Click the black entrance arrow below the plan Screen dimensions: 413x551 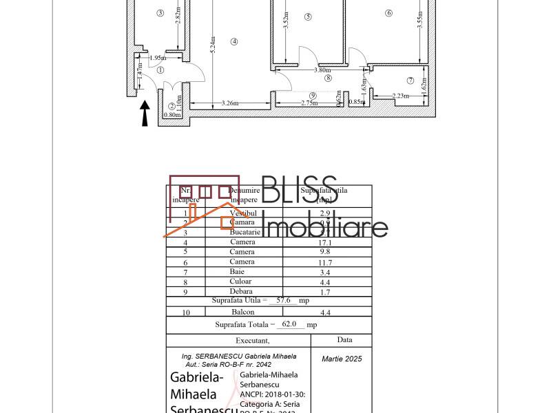tap(145, 114)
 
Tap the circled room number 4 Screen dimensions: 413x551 tap(234, 41)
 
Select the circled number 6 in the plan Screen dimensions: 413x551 tap(389, 12)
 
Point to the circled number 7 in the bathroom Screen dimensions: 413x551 tap(410, 81)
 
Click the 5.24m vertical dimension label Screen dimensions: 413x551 tap(214, 45)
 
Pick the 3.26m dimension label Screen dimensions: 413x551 tap(230, 104)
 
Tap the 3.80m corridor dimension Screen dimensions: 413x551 tap(322, 70)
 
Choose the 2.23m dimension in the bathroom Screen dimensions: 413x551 tap(402, 96)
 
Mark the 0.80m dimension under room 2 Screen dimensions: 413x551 tap(172, 115)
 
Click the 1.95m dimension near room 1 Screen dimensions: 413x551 tap(158, 59)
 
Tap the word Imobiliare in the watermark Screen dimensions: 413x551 tap(326, 227)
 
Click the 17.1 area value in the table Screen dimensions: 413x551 tap(326, 242)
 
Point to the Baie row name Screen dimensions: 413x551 tap(242, 272)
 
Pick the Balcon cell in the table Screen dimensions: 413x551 tap(242, 312)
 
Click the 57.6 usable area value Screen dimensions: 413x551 tap(283, 301)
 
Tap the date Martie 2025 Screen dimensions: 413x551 tap(342, 359)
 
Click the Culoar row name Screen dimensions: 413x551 tap(242, 282)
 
